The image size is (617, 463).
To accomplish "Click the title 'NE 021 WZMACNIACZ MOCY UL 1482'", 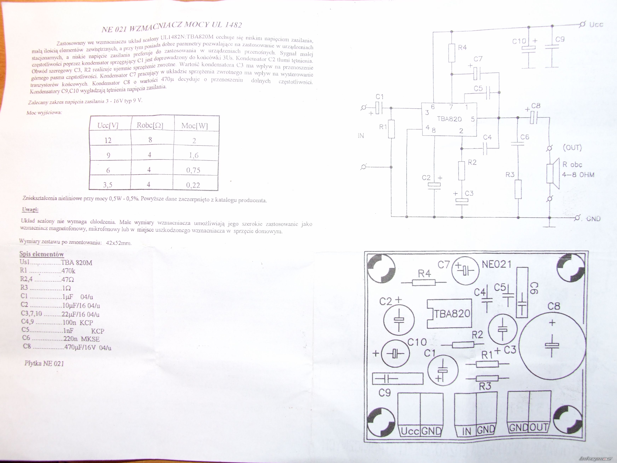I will pos(172,27).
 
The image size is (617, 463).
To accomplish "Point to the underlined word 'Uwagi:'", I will pos(30,210).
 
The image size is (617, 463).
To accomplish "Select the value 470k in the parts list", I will pos(68,271).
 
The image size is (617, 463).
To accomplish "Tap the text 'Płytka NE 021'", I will pos(44,363).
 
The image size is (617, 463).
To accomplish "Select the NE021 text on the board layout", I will pos(497,264).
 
